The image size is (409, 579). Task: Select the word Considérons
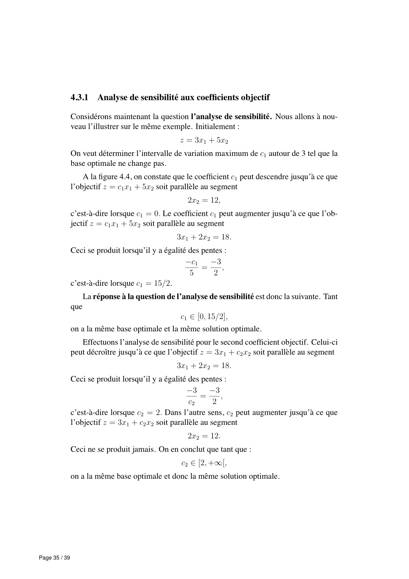click(91, 117)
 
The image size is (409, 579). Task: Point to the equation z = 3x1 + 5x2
click(204, 140)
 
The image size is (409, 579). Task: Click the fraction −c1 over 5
click(192, 267)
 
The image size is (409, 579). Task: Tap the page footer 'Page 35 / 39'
click(54, 558)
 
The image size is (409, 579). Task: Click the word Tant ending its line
click(330, 296)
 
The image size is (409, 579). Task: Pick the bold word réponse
click(106, 296)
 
